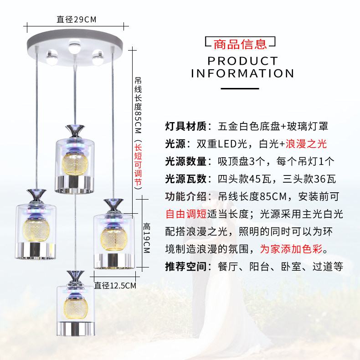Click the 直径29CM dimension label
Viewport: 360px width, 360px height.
[x=76, y=19]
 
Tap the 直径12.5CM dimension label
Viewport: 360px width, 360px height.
[x=115, y=286]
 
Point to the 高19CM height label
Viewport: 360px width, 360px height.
[x=147, y=238]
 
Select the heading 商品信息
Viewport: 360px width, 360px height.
[x=240, y=44]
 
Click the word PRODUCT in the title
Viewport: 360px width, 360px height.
[x=242, y=61]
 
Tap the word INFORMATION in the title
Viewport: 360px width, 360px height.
[x=242, y=73]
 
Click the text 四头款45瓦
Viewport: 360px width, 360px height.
[x=242, y=179]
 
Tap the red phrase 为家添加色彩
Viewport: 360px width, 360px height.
[x=293, y=249]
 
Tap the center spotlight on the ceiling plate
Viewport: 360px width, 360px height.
[x=73, y=47]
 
